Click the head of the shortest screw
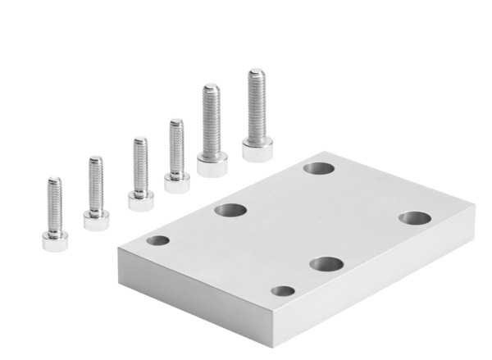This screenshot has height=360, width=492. [54, 240]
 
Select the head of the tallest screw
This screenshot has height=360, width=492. [257, 148]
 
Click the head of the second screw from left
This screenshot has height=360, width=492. [97, 219]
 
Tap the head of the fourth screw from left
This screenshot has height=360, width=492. [176, 181]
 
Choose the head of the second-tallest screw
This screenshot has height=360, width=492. [212, 165]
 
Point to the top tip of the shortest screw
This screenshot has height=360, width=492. [54, 180]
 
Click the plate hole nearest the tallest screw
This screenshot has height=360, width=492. [318, 168]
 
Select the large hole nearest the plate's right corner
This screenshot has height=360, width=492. [414, 218]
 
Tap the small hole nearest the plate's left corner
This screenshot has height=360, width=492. [157, 241]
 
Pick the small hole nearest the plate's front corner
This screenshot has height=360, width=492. [283, 290]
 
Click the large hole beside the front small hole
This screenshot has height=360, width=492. [326, 264]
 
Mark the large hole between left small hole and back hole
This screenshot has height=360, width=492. [230, 210]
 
